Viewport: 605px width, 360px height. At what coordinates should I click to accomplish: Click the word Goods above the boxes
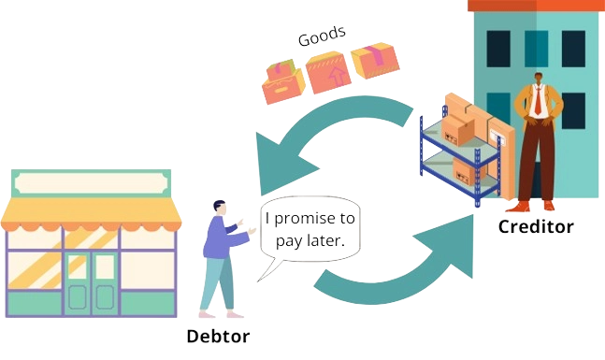[x=322, y=38]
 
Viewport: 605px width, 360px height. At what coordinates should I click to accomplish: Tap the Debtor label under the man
[x=219, y=337]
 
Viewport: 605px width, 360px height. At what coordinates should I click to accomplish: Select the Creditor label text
[x=535, y=226]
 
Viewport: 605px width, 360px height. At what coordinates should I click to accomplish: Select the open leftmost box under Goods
[x=282, y=82]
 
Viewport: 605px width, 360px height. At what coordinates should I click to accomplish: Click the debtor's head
[x=219, y=207]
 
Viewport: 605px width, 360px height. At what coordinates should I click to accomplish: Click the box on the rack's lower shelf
[x=465, y=171]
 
